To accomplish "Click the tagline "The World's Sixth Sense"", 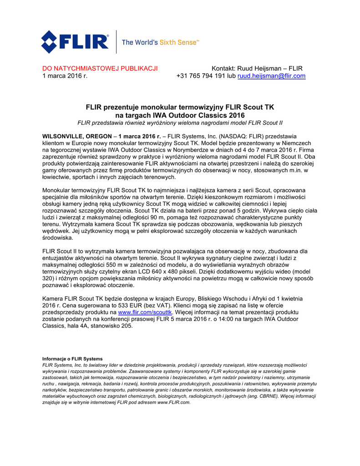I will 161,42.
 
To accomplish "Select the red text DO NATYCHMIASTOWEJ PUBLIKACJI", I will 100,69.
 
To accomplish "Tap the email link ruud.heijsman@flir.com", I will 271,76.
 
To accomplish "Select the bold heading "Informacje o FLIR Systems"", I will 72,359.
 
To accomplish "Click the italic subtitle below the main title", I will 180,123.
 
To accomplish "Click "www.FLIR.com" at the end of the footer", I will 173,403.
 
